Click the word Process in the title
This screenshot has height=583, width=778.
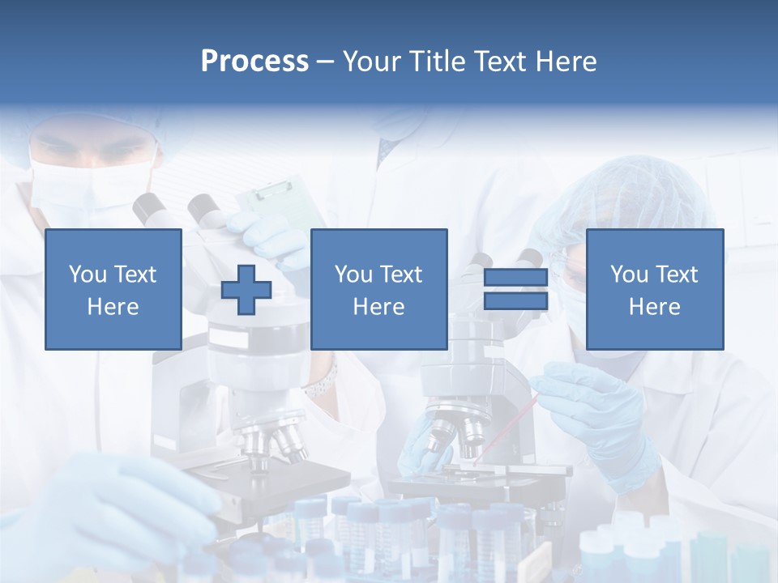[x=254, y=62]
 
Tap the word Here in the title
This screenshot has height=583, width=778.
[x=565, y=62]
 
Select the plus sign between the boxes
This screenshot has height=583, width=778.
[x=246, y=289]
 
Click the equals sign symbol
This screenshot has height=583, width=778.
[x=515, y=289]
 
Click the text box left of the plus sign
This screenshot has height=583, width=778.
[x=113, y=289]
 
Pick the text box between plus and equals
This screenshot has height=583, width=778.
[x=378, y=289]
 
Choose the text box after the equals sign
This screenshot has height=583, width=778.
[x=654, y=289]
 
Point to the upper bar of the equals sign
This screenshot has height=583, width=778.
[x=515, y=278]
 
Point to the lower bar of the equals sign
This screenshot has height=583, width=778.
[x=515, y=301]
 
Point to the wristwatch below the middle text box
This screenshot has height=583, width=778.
[x=322, y=381]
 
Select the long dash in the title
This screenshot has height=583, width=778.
[x=325, y=62]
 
